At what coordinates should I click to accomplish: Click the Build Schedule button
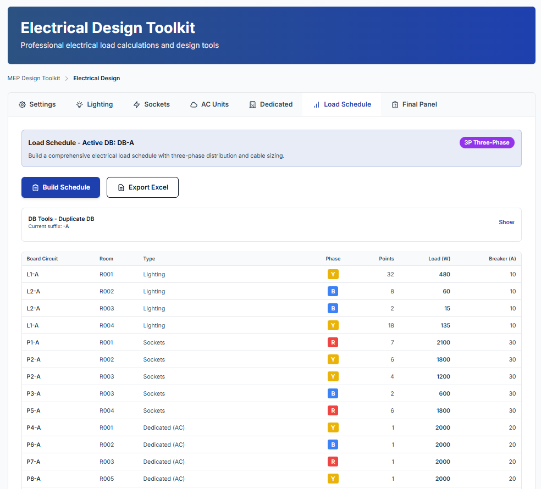click(x=60, y=187)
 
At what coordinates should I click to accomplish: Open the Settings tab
click(x=37, y=104)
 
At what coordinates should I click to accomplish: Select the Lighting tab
click(x=95, y=104)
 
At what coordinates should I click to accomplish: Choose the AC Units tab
click(x=209, y=104)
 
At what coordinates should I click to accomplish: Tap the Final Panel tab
click(x=415, y=104)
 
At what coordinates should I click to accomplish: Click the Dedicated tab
click(x=271, y=104)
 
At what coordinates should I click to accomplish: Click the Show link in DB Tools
click(x=506, y=222)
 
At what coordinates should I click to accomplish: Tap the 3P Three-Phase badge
click(x=487, y=142)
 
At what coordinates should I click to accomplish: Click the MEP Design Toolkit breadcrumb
click(x=34, y=78)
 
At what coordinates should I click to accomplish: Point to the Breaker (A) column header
click(x=502, y=259)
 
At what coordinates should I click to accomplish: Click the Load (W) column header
click(x=439, y=259)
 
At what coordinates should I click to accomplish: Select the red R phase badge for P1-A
click(x=333, y=342)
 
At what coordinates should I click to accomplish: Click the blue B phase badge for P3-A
click(x=333, y=393)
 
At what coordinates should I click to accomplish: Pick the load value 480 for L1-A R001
click(x=444, y=274)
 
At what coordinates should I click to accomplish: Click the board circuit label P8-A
click(x=34, y=479)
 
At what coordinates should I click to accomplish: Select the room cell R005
click(x=107, y=479)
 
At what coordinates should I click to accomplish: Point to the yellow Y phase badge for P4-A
click(x=333, y=427)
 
